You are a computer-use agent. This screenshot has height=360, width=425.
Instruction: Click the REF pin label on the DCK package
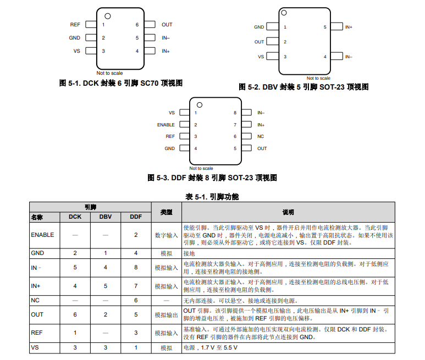75,25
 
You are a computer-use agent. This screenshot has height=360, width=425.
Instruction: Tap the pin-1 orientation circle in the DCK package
108,16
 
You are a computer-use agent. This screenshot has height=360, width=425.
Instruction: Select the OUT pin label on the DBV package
259,42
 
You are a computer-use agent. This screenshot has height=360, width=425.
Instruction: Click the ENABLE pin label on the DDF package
165,125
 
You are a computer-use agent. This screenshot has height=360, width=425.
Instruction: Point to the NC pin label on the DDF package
260,136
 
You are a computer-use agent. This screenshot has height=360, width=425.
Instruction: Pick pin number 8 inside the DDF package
235,113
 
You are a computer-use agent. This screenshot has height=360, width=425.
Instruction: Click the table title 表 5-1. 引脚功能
212,196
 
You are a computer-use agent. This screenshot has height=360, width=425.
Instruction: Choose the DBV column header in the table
105,217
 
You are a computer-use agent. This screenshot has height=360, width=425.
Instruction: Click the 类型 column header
167,212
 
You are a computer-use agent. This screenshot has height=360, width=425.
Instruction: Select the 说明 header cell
288,212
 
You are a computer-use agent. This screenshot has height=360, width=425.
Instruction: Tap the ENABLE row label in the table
42,235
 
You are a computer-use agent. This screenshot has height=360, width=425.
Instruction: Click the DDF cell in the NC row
136,301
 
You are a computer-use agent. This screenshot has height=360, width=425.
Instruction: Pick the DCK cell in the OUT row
75,314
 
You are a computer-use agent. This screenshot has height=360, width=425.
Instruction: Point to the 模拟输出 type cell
167,314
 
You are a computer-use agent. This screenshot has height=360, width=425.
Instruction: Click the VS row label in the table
35,348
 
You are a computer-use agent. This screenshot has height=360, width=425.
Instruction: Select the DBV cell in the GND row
105,253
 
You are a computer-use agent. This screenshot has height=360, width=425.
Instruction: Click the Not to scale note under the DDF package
201,168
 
